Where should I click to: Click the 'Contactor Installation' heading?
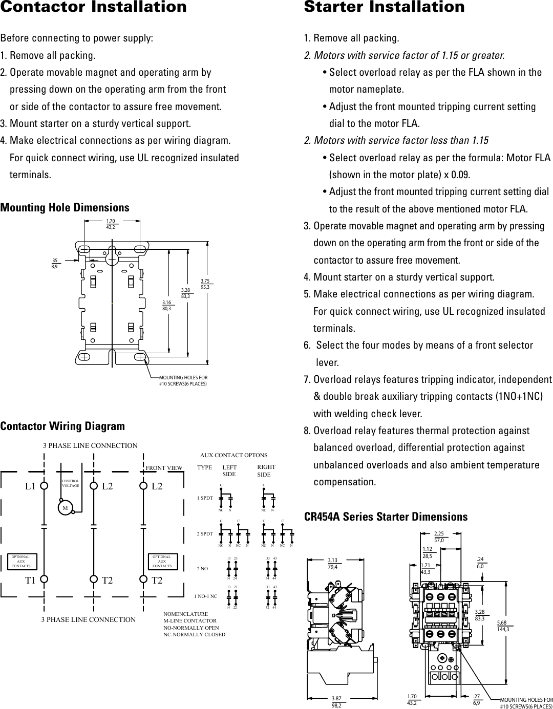point(94,7)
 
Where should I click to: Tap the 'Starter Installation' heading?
point(385,7)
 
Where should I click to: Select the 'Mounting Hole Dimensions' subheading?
point(65,207)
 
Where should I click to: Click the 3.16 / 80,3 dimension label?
point(166,306)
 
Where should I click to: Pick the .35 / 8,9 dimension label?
point(54,263)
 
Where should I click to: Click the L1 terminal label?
point(31,486)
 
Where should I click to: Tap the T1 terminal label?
point(31,580)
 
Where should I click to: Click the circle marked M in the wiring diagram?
point(65,508)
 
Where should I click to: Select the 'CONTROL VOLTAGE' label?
point(70,483)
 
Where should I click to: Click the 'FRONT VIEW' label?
point(164,467)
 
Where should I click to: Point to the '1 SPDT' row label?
point(205,498)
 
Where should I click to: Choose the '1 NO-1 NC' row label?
point(206,596)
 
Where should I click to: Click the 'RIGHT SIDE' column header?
point(266,471)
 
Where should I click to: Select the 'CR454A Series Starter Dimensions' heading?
point(386,517)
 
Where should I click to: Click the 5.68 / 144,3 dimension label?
point(503,626)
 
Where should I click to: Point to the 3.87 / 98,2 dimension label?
point(337,701)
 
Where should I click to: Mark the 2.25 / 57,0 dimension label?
point(439,536)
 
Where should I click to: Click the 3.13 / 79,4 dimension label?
point(333,563)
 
